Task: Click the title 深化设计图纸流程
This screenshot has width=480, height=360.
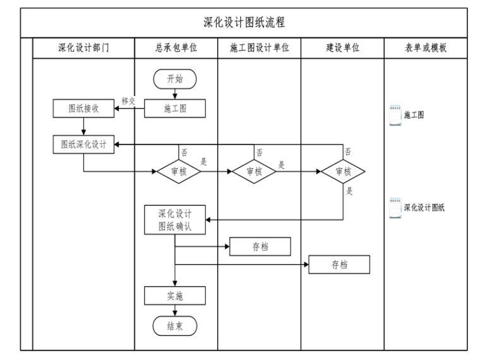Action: click(244, 23)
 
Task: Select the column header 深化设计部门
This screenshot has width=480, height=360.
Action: click(83, 48)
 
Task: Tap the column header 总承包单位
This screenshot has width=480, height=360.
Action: click(176, 48)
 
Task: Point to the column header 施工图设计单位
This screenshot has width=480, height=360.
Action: click(259, 48)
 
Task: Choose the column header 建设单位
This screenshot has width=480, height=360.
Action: click(342, 48)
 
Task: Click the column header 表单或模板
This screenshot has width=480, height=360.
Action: click(426, 48)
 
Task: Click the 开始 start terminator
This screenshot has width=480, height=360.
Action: click(175, 78)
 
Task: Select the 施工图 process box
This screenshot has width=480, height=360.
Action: click(175, 109)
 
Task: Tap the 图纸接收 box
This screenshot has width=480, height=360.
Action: click(83, 109)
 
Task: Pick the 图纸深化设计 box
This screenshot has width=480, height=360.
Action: click(83, 144)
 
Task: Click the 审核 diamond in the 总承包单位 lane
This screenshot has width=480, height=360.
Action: click(178, 171)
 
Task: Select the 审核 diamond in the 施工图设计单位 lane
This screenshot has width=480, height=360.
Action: click(254, 171)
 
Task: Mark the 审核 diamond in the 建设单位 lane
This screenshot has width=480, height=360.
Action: click(343, 171)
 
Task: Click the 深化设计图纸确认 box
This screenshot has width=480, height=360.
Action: click(175, 220)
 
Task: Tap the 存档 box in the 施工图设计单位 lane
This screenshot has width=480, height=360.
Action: click(260, 246)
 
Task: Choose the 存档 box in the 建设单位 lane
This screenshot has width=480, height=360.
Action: click(339, 265)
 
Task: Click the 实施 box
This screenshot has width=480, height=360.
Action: click(175, 296)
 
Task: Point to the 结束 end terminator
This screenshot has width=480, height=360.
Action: click(175, 326)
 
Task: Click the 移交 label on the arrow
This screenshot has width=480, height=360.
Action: click(129, 101)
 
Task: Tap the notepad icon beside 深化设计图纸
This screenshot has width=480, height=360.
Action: click(395, 207)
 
